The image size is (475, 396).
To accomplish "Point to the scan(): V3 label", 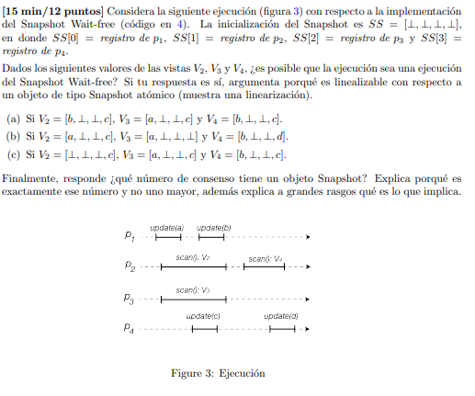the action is (194, 289).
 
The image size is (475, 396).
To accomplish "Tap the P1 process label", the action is (129, 237).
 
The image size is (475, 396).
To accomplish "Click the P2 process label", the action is (129, 268).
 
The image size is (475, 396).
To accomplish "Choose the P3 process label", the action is (129, 299).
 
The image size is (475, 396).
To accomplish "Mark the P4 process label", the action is (129, 328).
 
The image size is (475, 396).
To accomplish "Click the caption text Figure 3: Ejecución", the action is (218, 374).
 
